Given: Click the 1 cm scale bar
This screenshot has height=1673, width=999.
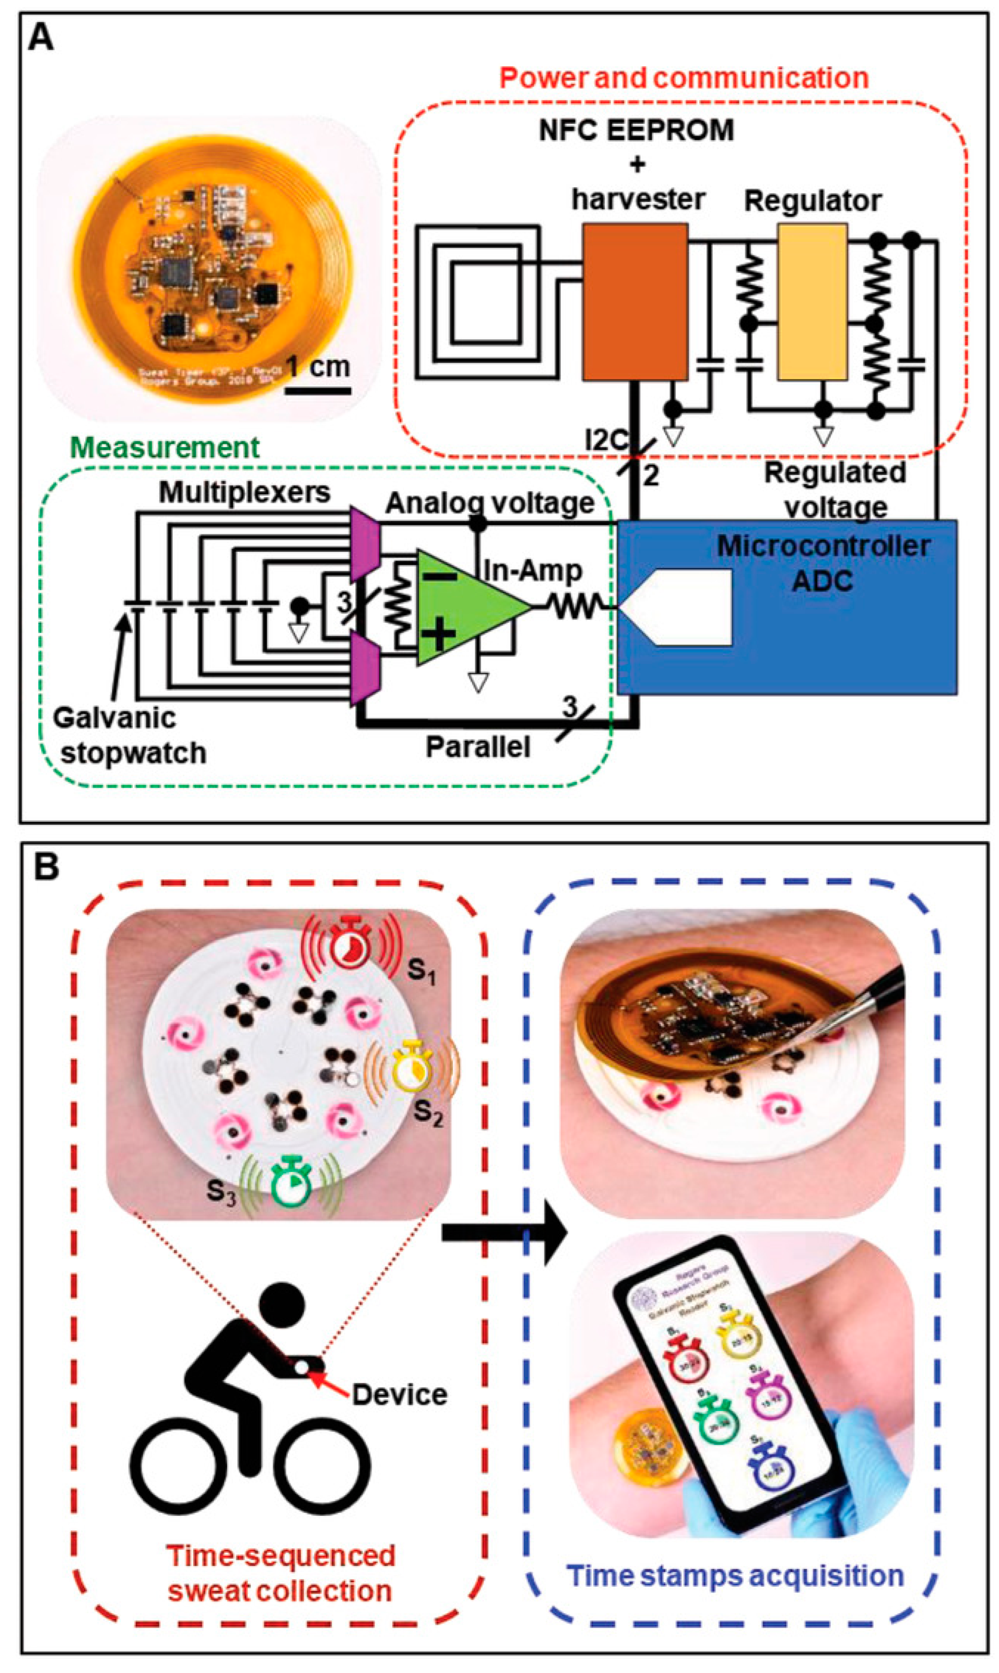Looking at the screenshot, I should (x=318, y=390).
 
